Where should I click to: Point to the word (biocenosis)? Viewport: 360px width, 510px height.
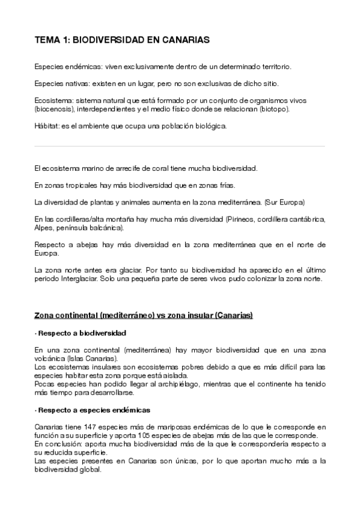pos(52,110)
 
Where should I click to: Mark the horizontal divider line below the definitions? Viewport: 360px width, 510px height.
pos(180,146)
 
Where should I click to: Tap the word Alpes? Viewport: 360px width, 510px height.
pos(44,229)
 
